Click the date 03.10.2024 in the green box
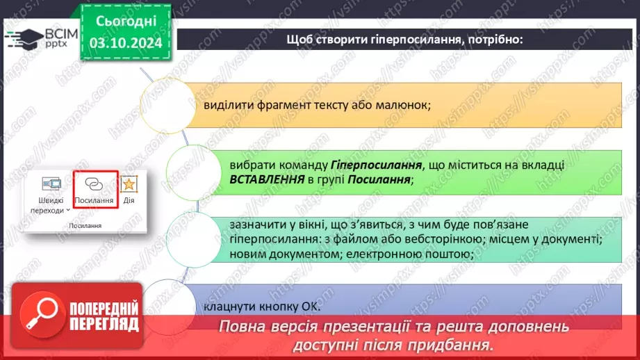[125, 44]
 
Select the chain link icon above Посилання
[94, 184]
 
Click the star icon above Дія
[129, 184]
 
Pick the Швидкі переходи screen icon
[52, 184]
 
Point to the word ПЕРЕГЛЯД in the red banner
[105, 323]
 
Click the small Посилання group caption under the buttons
[85, 226]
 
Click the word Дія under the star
[129, 200]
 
